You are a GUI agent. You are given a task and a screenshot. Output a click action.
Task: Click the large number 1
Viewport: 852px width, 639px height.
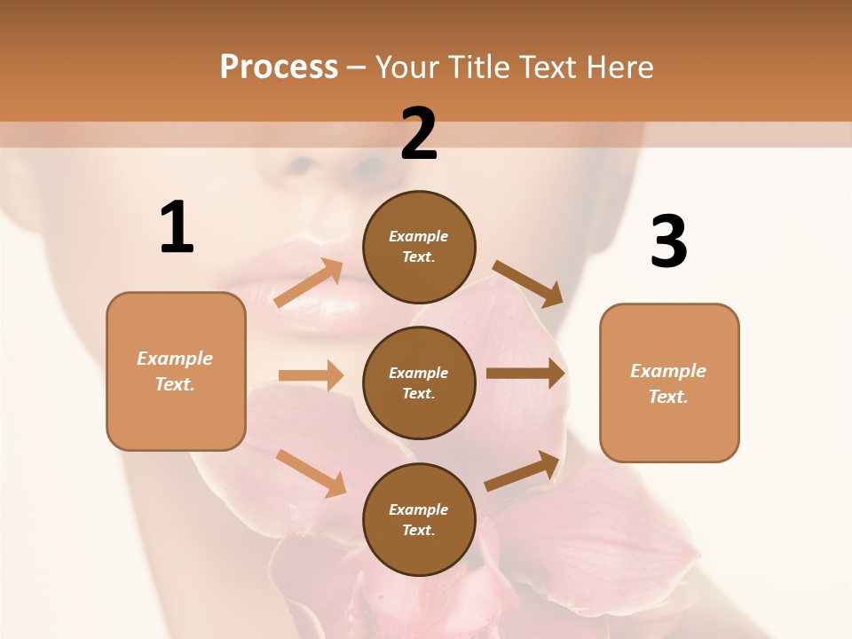[x=177, y=227]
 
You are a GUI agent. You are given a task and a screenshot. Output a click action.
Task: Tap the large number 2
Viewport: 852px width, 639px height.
[x=419, y=134]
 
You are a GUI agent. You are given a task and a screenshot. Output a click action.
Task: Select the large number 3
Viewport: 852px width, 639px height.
[x=668, y=242]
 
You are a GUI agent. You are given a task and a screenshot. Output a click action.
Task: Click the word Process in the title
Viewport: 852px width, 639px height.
[x=279, y=67]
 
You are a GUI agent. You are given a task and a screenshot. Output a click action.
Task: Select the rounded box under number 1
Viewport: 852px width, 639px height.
[x=176, y=371]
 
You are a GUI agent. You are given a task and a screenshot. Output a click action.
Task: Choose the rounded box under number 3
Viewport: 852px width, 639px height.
[x=669, y=383]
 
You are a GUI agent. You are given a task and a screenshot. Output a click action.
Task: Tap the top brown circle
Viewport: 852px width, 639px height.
[x=419, y=247]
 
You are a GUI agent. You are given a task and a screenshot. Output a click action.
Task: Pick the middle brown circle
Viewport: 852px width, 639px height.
[x=419, y=383]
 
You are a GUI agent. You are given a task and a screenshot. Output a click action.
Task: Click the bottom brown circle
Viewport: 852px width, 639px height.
[x=419, y=519]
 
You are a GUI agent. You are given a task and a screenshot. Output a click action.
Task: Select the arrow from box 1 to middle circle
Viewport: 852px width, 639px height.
[x=311, y=375]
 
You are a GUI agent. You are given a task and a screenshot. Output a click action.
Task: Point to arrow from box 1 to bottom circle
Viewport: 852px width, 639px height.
[x=311, y=472]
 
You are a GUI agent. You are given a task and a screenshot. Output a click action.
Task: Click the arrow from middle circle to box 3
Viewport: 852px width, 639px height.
[x=525, y=374]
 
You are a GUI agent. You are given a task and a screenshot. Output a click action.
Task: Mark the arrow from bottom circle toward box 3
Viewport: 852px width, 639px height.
[x=523, y=471]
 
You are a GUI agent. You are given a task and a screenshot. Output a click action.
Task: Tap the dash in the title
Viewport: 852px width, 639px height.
[x=357, y=68]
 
